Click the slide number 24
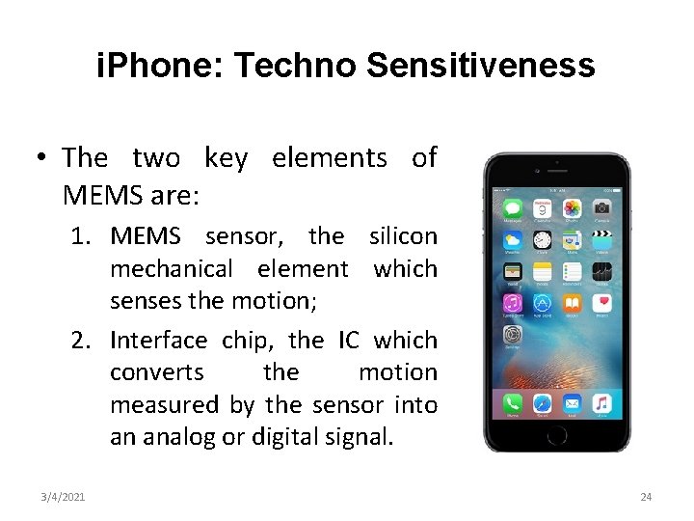tap(646, 497)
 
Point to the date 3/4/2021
tap(63, 497)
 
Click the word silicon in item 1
tap(403, 236)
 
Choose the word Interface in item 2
tap(158, 341)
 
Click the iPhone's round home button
tap(557, 436)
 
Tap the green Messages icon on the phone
tap(512, 208)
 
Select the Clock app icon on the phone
tap(542, 239)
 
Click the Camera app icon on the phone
tap(602, 208)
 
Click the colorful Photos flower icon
tap(573, 208)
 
